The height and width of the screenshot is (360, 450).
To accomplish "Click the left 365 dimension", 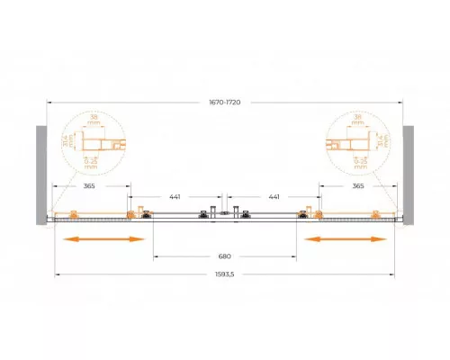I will click(87, 186).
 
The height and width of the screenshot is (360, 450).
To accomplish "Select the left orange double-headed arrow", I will click(103, 238).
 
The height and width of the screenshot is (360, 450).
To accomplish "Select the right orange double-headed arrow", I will click(346, 238).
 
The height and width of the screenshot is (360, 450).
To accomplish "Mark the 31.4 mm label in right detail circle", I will click(382, 142).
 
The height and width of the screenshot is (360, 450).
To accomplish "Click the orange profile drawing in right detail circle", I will click(346, 144).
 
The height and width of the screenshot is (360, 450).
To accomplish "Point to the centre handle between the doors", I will click(225, 212).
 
